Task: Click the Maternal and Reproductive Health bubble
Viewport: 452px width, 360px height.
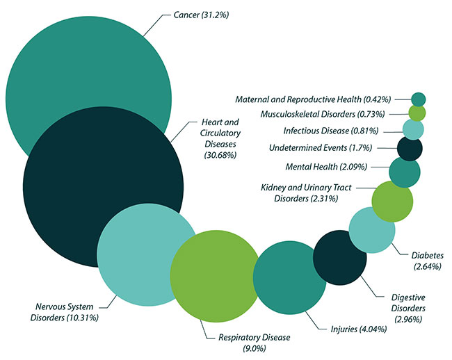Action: pos(419,99)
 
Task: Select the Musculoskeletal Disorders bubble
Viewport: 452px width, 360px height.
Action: pos(417,113)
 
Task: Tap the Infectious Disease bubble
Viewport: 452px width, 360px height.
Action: pos(413,129)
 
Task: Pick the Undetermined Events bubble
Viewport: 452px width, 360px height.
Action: pos(410,148)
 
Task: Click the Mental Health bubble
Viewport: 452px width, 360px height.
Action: pos(405,172)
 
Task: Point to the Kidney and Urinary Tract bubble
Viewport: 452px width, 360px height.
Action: pos(392,202)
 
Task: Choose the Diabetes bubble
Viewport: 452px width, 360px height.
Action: pos(372,230)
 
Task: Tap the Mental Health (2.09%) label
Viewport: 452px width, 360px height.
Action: pos(327,167)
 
